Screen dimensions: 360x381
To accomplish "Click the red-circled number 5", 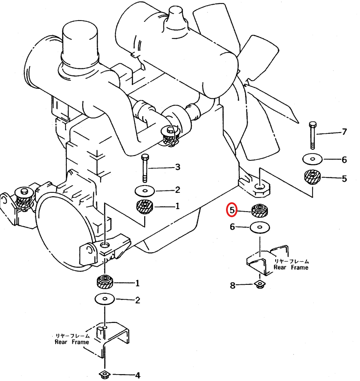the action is [x=232, y=210].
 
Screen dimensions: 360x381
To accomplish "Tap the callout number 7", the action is [x=344, y=132].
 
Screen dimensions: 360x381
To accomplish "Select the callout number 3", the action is [x=178, y=167].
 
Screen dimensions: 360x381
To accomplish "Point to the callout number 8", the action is [x=232, y=285].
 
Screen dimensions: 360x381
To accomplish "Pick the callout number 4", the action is [x=138, y=375].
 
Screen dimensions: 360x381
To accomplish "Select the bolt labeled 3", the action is [x=145, y=168].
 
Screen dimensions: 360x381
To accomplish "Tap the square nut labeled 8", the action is [x=260, y=284].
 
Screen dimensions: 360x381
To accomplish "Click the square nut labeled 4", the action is [x=105, y=374].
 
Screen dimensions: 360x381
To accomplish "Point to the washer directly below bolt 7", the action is [x=312, y=159].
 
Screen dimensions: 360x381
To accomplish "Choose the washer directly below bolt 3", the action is [x=145, y=191].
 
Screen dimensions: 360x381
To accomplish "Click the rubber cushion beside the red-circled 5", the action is [x=260, y=210].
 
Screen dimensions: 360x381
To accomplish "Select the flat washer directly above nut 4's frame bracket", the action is [x=105, y=298].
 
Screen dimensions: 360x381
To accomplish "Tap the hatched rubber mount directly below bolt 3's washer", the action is [x=145, y=207].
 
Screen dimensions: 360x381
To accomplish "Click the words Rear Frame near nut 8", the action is [x=291, y=267].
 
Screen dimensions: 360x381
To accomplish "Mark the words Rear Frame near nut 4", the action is [x=72, y=342].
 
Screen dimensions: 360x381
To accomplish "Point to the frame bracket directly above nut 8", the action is [x=268, y=260].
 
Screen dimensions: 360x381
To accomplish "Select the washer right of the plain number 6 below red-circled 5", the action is [x=260, y=227].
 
